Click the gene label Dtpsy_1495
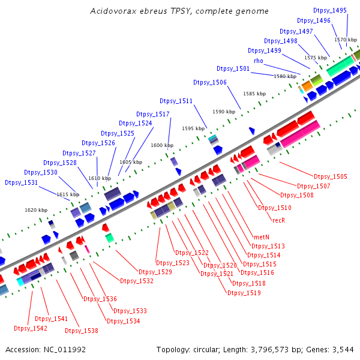pyautogui.click(x=330, y=10)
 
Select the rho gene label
pyautogui.click(x=259, y=61)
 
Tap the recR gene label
pyautogui.click(x=278, y=220)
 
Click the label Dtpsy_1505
pyautogui.click(x=330, y=176)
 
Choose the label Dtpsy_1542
pyautogui.click(x=31, y=328)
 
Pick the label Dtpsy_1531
pyautogui.click(x=22, y=182)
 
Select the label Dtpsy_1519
pyautogui.click(x=244, y=293)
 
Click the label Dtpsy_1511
pyautogui.click(x=176, y=101)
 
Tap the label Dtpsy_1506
pyautogui.click(x=210, y=82)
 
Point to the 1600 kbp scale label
pyautogui.click(x=162, y=145)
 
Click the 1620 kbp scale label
pyautogui.click(x=36, y=210)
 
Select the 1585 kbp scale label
pyautogui.click(x=254, y=94)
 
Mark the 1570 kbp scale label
pyautogui.click(x=346, y=39)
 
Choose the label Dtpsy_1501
pyautogui.click(x=233, y=68)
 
